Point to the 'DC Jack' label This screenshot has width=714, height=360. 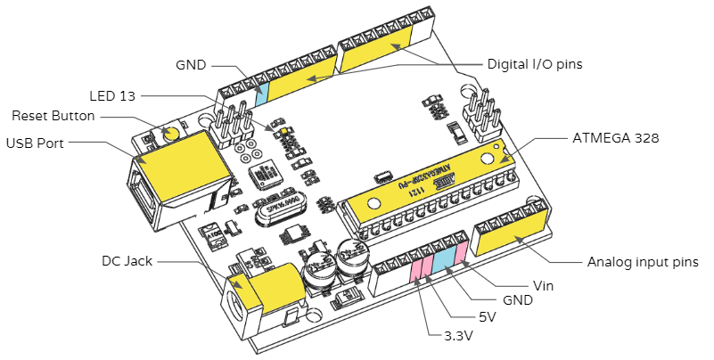click(127, 261)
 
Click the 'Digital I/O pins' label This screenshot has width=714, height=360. click(535, 64)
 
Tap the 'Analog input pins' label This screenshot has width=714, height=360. click(643, 263)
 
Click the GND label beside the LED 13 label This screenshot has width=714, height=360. click(191, 65)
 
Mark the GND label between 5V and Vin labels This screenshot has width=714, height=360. click(517, 301)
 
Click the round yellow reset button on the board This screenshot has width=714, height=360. click(172, 135)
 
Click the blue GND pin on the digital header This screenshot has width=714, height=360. click(261, 92)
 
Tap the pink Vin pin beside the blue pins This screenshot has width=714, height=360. click(462, 252)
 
